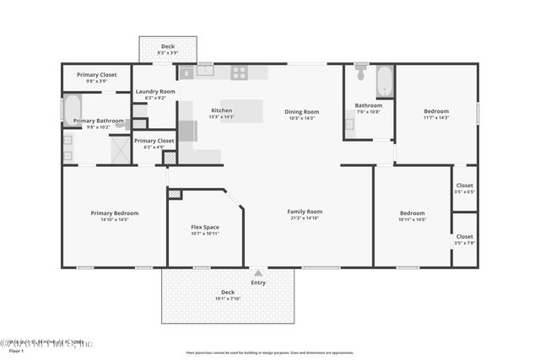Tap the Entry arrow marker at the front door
pyautogui.click(x=258, y=273)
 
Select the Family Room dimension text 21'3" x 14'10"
pyautogui.click(x=305, y=218)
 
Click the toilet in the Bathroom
pyautogui.click(x=361, y=74)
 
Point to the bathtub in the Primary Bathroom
pyautogui.click(x=72, y=108)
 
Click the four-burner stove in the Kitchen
pyautogui.click(x=239, y=73)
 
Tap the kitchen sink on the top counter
pyautogui.click(x=206, y=71)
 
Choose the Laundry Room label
pyautogui.click(x=155, y=91)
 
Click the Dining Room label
pyautogui.click(x=301, y=111)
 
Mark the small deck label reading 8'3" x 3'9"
pyautogui.click(x=168, y=53)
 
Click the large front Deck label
pyautogui.click(x=228, y=292)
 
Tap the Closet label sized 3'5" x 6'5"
pyautogui.click(x=465, y=185)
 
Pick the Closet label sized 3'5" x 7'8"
pyautogui.click(x=465, y=237)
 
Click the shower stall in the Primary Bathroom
pyautogui.click(x=120, y=150)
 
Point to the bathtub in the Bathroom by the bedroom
pyautogui.click(x=384, y=81)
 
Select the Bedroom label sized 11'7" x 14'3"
pyautogui.click(x=436, y=111)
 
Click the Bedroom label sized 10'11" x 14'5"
pyautogui.click(x=412, y=213)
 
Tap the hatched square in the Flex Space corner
pyautogui.click(x=175, y=194)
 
